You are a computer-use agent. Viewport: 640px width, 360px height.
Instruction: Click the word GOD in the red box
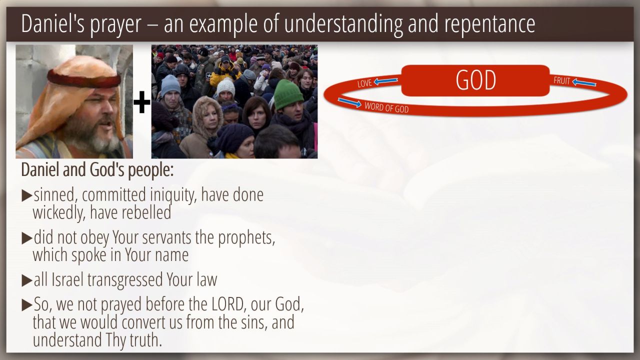[x=475, y=80]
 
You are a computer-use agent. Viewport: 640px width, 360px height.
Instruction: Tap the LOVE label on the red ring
[x=365, y=83]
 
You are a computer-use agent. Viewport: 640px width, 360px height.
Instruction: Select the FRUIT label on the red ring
[x=561, y=81]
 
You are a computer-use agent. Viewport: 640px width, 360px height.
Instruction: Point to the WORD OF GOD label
[x=386, y=107]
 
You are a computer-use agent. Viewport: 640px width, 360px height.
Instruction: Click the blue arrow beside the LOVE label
[x=385, y=81]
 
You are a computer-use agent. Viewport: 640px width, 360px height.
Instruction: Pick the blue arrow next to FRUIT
[x=584, y=82]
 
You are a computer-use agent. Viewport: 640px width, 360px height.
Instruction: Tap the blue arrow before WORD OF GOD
[x=349, y=102]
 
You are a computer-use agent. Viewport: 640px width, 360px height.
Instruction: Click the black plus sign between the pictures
[x=142, y=102]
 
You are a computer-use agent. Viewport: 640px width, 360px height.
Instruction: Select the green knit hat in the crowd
[x=288, y=94]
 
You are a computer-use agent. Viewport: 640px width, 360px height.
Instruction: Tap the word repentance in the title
[x=489, y=24]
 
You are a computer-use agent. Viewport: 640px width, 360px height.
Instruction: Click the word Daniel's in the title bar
[x=53, y=23]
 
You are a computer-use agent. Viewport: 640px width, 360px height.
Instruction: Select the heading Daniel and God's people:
[x=97, y=170]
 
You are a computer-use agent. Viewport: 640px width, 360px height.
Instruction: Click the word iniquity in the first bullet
[x=173, y=195]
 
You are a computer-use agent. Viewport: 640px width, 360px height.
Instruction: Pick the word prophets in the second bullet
[x=246, y=238]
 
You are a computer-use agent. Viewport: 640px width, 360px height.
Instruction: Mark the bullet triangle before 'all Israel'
[x=27, y=280]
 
